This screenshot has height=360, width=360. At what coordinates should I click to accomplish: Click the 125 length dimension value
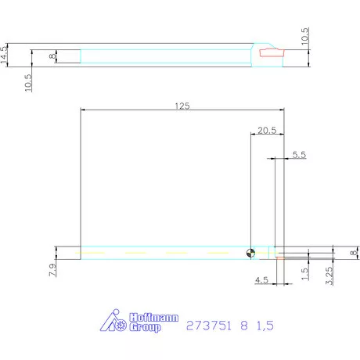[x=182, y=105]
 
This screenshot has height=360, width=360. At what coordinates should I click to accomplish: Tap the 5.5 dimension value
[x=298, y=155]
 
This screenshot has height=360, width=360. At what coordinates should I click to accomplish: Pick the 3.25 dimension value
[x=329, y=276]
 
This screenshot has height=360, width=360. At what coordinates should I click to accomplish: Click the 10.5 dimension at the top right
[x=305, y=36]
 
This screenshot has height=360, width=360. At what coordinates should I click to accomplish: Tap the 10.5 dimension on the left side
[x=28, y=83]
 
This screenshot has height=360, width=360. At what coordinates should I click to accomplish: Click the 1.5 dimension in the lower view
[x=304, y=273]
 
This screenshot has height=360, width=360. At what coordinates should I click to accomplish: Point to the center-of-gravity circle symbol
[x=250, y=252]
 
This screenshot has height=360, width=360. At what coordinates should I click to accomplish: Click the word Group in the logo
[x=146, y=328]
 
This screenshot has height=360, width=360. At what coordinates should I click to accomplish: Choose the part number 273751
[x=207, y=324]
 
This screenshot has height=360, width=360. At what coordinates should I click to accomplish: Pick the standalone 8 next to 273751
[x=242, y=324]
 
